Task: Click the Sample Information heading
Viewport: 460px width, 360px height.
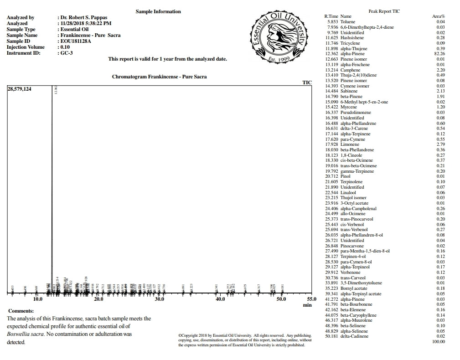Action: [158, 11]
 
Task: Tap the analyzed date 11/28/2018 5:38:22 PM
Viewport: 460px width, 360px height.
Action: [86, 23]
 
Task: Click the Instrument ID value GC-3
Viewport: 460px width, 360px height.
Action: [67, 53]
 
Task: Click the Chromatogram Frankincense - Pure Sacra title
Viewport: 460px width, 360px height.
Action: [159, 77]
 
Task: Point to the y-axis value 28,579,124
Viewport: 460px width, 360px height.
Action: [20, 89]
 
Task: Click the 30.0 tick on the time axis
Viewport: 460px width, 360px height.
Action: [160, 299]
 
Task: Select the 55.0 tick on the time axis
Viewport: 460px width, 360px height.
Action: [311, 299]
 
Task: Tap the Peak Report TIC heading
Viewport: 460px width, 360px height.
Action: [384, 11]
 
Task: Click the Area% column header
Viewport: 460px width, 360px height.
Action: [438, 16]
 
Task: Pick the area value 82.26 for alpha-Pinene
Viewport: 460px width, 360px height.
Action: [439, 54]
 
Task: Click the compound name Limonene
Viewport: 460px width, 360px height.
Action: [350, 144]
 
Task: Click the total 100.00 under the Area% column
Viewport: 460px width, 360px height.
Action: [438, 341]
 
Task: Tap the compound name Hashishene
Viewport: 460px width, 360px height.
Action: [352, 38]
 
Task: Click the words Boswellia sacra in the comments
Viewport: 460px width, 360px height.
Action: [24, 334]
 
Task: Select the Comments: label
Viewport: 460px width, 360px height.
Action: [21, 311]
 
